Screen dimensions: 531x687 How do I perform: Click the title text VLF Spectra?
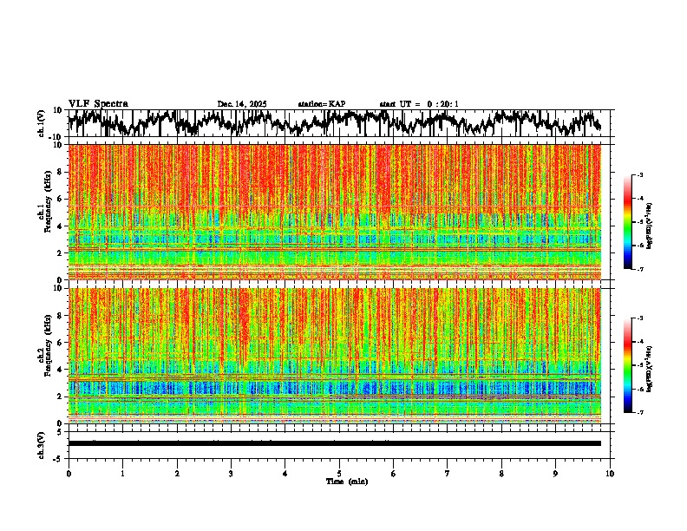tap(98, 103)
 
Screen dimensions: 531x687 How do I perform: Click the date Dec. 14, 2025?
tap(242, 104)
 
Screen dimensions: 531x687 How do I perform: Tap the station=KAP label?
tap(322, 104)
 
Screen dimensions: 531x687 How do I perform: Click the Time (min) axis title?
tap(346, 482)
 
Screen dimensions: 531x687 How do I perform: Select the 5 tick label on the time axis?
tap(339, 473)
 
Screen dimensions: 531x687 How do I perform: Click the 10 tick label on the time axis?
tap(610, 473)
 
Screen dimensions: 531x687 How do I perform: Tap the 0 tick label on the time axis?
tap(69, 473)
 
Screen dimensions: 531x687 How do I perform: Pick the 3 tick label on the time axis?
tap(231, 473)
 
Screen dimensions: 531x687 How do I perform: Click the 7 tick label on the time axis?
tap(448, 473)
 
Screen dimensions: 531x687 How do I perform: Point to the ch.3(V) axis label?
tap(42, 443)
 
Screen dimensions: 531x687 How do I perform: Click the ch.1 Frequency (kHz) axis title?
tap(43, 207)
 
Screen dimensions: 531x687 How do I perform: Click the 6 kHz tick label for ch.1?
tap(62, 200)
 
